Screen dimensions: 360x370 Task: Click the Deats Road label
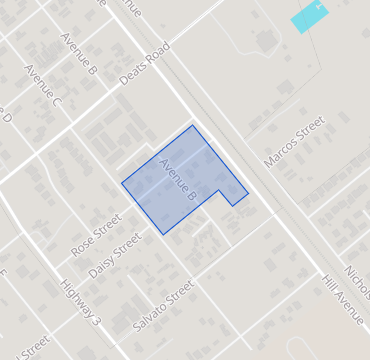click(x=139, y=64)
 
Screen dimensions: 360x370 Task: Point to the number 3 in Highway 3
click(x=96, y=320)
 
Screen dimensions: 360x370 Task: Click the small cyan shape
click(x=310, y=17)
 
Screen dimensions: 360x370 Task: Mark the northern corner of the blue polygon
click(x=193, y=125)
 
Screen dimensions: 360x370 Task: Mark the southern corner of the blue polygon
click(x=163, y=235)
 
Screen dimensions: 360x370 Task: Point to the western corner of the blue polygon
click(x=122, y=183)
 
